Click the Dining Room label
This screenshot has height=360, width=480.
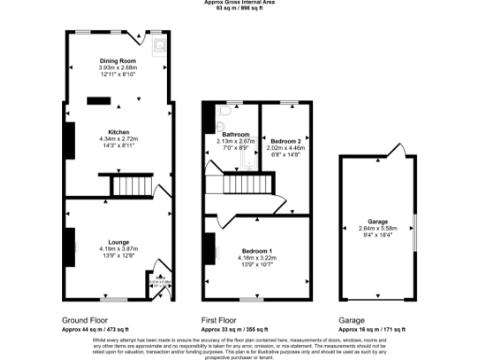click(118, 61)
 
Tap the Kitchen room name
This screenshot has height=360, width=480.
click(118, 132)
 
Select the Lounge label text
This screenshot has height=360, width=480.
click(118, 242)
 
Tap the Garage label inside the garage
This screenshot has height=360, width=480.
click(378, 221)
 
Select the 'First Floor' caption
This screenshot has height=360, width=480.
click(226, 320)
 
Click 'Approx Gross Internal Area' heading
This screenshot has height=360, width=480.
click(240, 3)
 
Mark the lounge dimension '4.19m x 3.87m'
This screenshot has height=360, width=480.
click(118, 248)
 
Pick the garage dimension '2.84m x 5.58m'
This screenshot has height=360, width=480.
click(378, 228)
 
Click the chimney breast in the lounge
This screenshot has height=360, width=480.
click(70, 246)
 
